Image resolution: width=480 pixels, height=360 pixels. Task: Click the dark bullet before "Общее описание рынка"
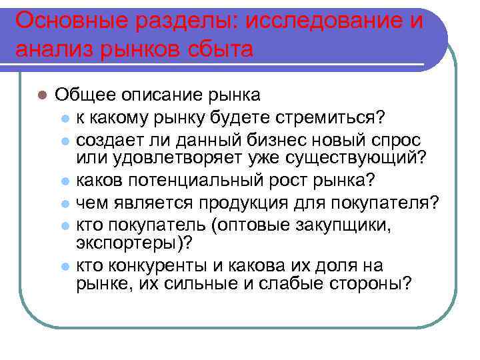pyautogui.click(x=42, y=95)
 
